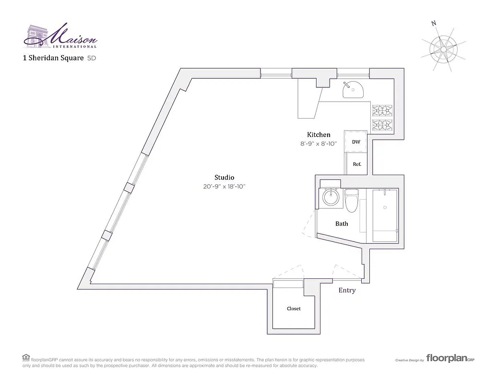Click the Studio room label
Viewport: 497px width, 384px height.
(224, 177)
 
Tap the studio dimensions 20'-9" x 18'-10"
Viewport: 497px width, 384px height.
(224, 187)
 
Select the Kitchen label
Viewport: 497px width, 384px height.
(319, 135)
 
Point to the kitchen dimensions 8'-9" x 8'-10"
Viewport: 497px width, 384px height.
(319, 144)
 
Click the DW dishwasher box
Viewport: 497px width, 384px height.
(356, 142)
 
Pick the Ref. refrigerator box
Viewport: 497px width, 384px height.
(356, 164)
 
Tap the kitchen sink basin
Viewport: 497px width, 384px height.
(353, 90)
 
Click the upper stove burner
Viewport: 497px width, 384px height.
(383, 111)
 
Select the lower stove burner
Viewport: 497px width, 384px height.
(383, 126)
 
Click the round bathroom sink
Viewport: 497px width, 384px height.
(331, 197)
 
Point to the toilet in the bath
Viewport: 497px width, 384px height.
(352, 201)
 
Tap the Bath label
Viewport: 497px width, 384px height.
(342, 224)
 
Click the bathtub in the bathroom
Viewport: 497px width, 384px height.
(384, 215)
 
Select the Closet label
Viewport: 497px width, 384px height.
(294, 309)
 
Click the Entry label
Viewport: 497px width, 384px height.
(347, 290)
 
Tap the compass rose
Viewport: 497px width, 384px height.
(444, 48)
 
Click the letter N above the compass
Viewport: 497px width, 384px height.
(434, 24)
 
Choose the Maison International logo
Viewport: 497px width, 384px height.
(60, 36)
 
